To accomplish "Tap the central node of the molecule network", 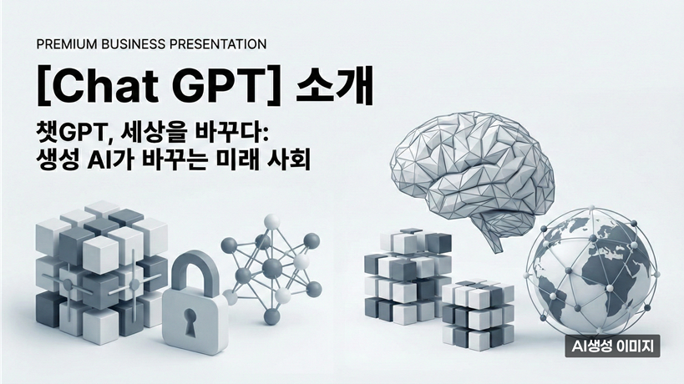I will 272,268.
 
